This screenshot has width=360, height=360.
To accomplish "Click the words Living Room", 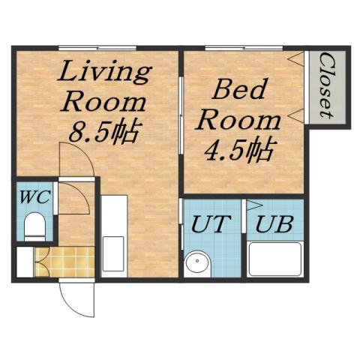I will pos(104,87).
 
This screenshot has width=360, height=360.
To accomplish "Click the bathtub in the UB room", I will pos(274,259).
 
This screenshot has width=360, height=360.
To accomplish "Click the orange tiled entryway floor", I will pos(64,261).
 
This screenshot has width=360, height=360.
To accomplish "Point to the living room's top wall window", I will pos(97,47).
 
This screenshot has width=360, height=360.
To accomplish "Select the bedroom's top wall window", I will pos(232,47).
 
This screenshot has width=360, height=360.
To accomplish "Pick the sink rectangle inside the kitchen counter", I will pos(115,250).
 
